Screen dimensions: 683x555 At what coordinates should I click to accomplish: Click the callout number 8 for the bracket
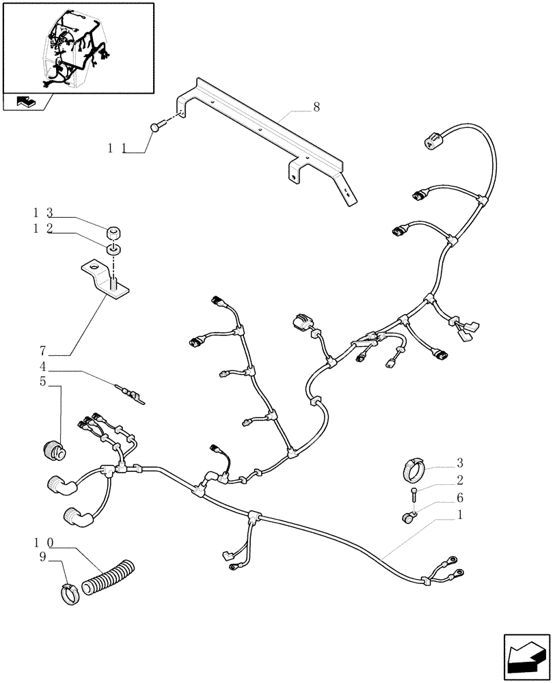tap(316, 107)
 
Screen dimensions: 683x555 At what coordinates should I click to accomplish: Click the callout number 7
tap(42, 351)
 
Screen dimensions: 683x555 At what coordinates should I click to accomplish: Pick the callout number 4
tap(42, 367)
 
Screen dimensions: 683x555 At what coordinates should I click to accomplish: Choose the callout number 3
tap(460, 462)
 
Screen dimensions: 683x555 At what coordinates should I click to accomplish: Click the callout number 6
tap(460, 498)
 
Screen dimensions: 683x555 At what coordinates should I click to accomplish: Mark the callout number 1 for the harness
tap(460, 514)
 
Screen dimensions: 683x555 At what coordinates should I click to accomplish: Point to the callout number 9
tap(42, 557)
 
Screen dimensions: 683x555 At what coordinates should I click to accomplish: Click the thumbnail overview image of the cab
tap(77, 47)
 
